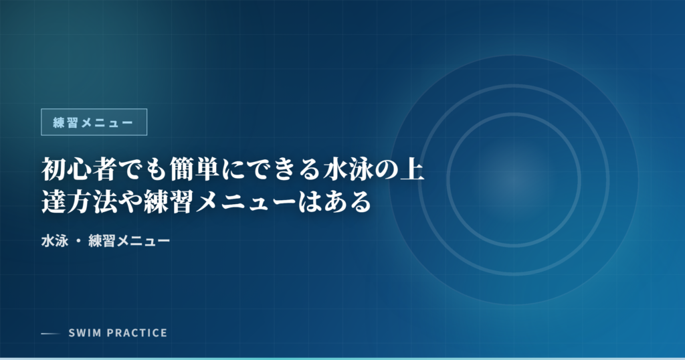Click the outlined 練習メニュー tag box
click(x=94, y=122)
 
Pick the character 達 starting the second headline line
click(x=53, y=201)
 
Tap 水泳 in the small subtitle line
click(x=53, y=239)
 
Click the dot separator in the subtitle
click(x=78, y=240)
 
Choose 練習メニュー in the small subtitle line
click(x=129, y=239)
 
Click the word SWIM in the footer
click(x=84, y=333)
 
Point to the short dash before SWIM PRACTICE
click(x=50, y=333)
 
